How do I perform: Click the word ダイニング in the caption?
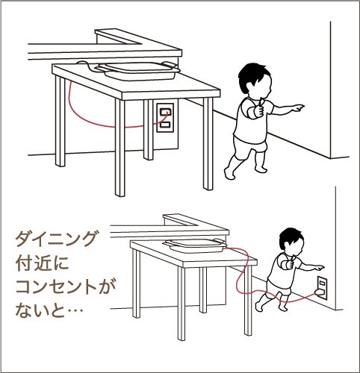coord(55,239)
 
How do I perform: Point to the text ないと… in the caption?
coord(49,311)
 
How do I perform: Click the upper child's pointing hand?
coord(298,108)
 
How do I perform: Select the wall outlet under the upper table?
coord(165,117)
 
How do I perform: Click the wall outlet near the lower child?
coord(322,286)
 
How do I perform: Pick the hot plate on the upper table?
coord(138,71)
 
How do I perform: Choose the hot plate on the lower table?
coord(195,245)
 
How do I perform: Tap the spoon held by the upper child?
coord(260,104)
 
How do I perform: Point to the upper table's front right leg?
coord(208,144)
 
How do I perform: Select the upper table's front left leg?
coord(120,148)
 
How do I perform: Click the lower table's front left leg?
coord(181,304)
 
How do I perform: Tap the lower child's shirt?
coord(283,271)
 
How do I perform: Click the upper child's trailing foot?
coord(229,173)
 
